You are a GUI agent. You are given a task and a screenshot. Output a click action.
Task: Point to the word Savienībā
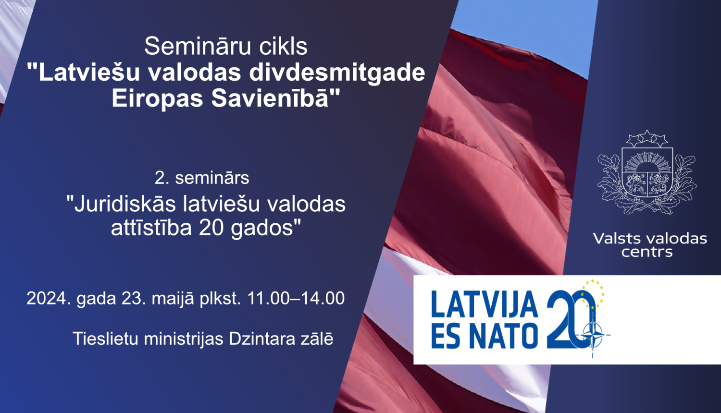point(275,98)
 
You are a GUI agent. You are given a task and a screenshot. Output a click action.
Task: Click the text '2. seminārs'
point(202,178)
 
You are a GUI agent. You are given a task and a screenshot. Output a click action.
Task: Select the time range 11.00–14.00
point(296,298)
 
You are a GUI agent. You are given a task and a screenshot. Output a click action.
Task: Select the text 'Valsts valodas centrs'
point(649,245)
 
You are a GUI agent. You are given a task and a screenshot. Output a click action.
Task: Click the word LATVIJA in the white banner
point(484,304)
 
